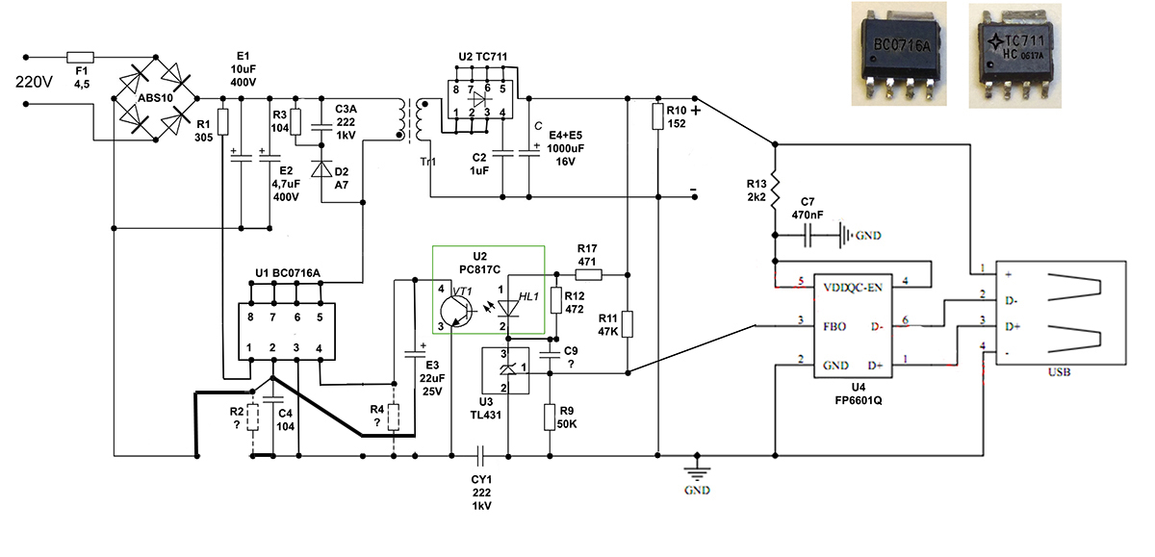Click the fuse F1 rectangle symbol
(x=81, y=57)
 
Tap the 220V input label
(x=34, y=82)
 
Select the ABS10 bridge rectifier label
(x=155, y=98)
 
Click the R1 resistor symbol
(x=222, y=122)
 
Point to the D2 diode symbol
(x=321, y=168)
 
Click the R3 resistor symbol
(x=295, y=122)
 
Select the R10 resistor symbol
(x=657, y=116)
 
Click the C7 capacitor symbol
(x=808, y=235)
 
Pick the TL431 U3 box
(x=505, y=370)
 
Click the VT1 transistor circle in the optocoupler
(x=453, y=311)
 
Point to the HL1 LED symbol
(x=508, y=308)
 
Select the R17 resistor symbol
(x=588, y=274)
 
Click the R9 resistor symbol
(x=550, y=418)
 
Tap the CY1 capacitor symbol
(x=480, y=455)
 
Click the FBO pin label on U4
(x=834, y=327)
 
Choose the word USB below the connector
(x=1059, y=372)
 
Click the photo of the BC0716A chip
(x=899, y=54)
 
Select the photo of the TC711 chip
(x=1014, y=56)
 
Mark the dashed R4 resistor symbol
(x=394, y=418)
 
